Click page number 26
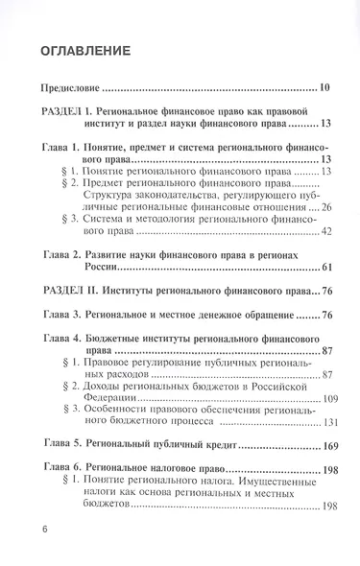tap(325, 206)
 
